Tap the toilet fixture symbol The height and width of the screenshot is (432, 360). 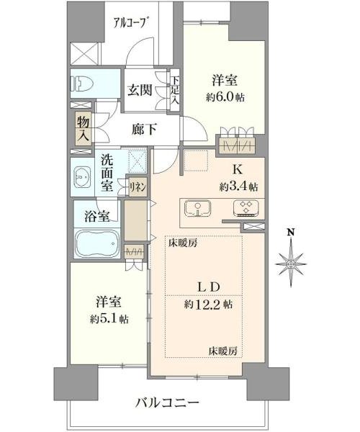[82, 83]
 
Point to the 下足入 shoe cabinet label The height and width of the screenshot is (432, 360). [175, 90]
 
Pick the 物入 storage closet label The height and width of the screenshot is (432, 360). [84, 129]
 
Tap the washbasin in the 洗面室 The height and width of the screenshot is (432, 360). [82, 177]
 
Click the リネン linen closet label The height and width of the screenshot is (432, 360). [138, 187]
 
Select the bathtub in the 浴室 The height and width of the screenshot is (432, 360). [97, 243]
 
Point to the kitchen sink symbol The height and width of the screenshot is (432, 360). [198, 209]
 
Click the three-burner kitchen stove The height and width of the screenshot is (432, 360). [246, 208]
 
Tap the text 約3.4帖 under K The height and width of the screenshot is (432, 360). [238, 187]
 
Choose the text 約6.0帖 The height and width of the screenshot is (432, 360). [225, 97]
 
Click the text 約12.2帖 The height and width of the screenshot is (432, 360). [208, 304]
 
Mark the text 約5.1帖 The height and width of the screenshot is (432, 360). [109, 319]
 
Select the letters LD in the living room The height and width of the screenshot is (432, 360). [209, 287]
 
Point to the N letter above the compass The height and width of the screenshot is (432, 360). [290, 233]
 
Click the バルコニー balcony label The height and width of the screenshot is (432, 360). [167, 403]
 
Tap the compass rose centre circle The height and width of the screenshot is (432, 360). [290, 264]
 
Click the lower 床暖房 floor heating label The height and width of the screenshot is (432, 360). [222, 351]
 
